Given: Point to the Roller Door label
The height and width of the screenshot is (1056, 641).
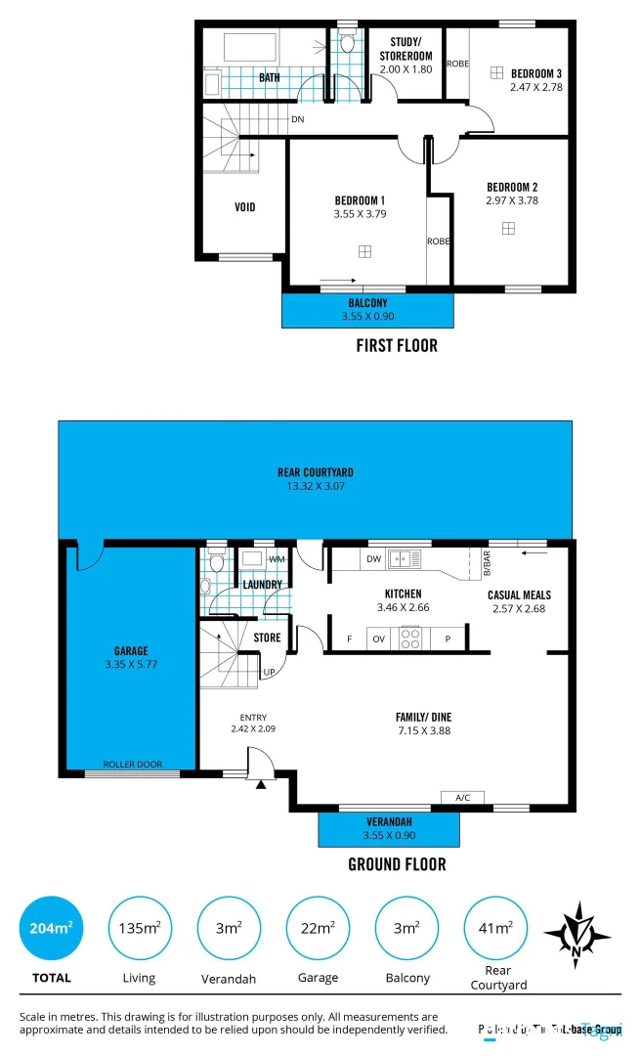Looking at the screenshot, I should [133, 765].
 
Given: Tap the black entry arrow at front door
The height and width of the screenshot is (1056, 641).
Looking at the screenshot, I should [261, 783].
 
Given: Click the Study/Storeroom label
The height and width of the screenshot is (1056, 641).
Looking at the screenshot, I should [405, 48].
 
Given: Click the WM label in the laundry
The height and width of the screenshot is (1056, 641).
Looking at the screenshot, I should [277, 559].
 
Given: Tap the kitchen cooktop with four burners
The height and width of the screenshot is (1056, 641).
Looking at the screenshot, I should [410, 639].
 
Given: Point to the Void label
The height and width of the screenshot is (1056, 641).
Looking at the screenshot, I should [245, 207].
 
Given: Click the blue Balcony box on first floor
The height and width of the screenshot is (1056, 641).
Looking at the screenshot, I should [367, 310].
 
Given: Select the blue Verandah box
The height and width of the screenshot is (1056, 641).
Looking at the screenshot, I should [389, 827].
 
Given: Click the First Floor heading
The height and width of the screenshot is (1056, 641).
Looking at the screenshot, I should [397, 345].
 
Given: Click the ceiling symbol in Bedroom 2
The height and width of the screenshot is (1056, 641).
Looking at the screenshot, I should [508, 228].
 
